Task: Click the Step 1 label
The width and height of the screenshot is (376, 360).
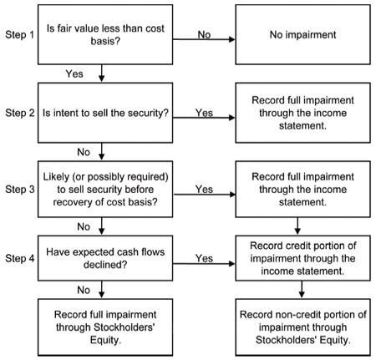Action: pyautogui.click(x=19, y=35)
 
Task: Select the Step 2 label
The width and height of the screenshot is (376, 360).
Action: pyautogui.click(x=20, y=113)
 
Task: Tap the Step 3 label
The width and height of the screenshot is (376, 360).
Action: pyautogui.click(x=20, y=190)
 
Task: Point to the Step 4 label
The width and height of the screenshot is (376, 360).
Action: pyautogui.click(x=20, y=258)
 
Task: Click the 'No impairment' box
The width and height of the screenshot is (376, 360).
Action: pyautogui.click(x=302, y=34)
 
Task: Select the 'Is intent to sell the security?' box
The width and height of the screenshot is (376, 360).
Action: pyautogui.click(x=105, y=113)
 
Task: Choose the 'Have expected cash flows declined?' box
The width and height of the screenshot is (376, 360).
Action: pyautogui.click(x=105, y=258)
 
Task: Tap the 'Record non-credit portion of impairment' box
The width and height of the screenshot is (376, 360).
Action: pyautogui.click(x=302, y=327)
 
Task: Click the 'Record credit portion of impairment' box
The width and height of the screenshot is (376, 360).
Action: pyautogui.click(x=302, y=258)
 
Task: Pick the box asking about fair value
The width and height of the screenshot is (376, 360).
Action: pyautogui.click(x=105, y=34)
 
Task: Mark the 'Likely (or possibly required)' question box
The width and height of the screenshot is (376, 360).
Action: pyautogui.click(x=105, y=189)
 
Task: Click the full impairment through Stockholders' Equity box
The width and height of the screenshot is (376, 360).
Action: pyautogui.click(x=105, y=327)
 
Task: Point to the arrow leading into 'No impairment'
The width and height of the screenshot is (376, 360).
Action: pyautogui.click(x=204, y=39)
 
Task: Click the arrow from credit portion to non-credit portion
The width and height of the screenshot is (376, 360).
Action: pyautogui.click(x=302, y=290)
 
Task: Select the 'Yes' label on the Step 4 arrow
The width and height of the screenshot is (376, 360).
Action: pyautogui.click(x=204, y=258)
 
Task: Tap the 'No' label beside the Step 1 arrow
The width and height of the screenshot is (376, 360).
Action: pyautogui.click(x=204, y=35)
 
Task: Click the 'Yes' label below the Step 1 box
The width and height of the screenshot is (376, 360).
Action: pyautogui.click(x=74, y=74)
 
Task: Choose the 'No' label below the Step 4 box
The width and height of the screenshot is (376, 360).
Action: pyautogui.click(x=84, y=290)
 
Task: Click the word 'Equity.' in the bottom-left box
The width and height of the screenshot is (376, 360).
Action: pyautogui.click(x=105, y=340)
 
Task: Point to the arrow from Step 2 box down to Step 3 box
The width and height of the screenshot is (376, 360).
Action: pyautogui.click(x=102, y=152)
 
